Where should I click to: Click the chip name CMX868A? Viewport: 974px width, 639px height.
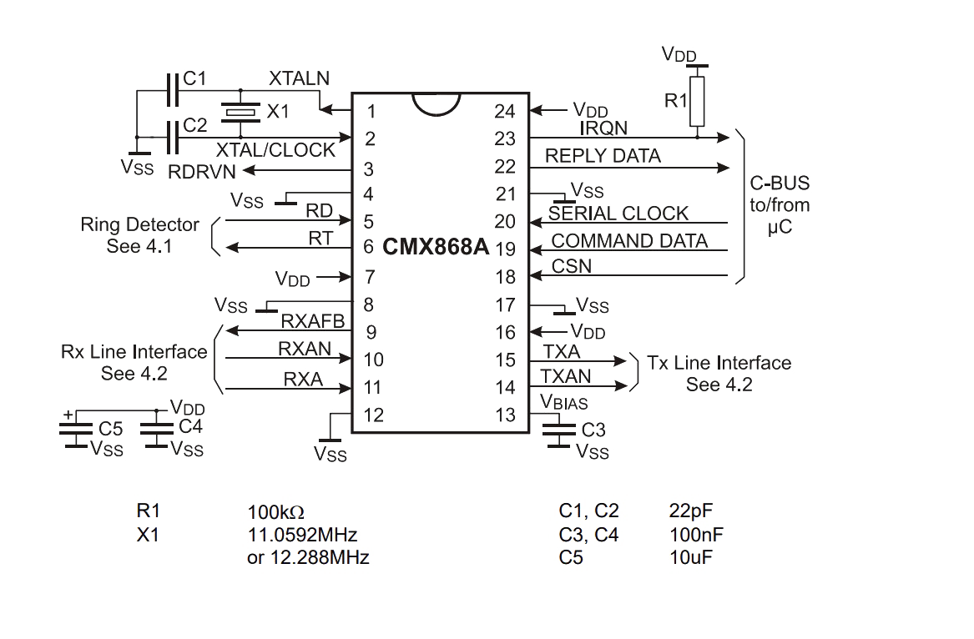click(436, 247)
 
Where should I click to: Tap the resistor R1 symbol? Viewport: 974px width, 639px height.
click(697, 101)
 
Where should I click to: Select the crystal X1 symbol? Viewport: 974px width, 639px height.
click(240, 112)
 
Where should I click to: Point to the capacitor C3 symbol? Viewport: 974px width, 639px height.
click(558, 429)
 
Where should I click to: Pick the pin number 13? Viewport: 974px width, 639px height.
click(505, 415)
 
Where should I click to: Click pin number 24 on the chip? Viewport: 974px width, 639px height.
click(504, 111)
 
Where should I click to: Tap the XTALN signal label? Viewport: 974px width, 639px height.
click(299, 78)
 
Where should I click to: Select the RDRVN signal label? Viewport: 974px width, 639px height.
click(202, 172)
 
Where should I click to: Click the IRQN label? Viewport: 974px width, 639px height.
click(603, 128)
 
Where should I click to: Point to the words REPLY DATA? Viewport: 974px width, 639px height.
click(603, 156)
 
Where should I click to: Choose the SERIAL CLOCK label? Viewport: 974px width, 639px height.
click(618, 214)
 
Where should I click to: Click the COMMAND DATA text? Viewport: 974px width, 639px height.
click(629, 241)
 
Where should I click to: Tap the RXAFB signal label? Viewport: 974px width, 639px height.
click(312, 321)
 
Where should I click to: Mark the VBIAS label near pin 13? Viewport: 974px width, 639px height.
click(563, 402)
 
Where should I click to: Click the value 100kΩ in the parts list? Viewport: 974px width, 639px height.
click(275, 512)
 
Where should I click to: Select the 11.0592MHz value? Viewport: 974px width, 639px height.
click(302, 535)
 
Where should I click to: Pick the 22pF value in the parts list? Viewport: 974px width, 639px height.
click(691, 511)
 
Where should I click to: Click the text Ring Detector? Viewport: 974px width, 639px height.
click(139, 224)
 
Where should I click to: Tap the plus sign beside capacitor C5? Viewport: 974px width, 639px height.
click(68, 415)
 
